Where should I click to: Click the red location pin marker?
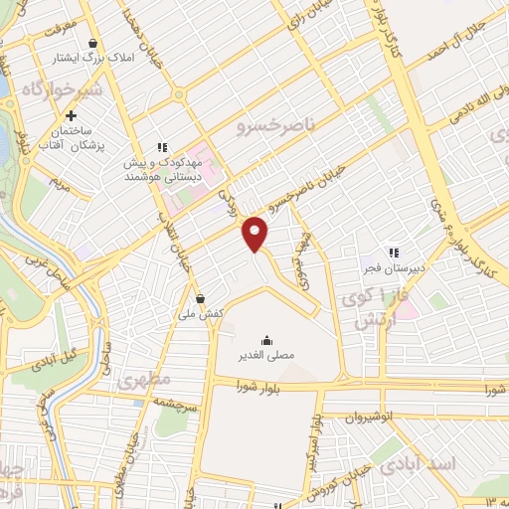pos(256,234)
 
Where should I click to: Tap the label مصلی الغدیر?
pos(265,353)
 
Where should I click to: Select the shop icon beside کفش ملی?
pos(200,297)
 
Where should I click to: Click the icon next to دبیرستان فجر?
pos(395,253)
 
